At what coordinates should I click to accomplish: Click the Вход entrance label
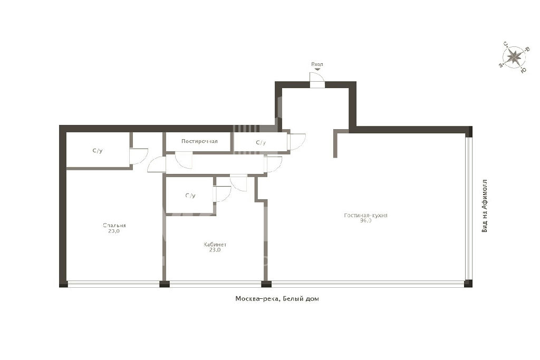[x=317, y=64]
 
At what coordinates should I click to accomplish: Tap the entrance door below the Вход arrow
[x=317, y=80]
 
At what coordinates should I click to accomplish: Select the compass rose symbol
[x=514, y=57]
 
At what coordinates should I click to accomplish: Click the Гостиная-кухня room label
[x=365, y=216]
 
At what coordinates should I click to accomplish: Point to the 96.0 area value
[x=366, y=221]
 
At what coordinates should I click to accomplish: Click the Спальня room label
[x=114, y=226]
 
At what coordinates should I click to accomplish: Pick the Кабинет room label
[x=215, y=245]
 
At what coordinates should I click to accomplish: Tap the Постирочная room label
[x=199, y=141]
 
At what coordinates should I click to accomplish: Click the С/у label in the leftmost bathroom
[x=98, y=150]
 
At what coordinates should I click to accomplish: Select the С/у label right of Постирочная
[x=261, y=142]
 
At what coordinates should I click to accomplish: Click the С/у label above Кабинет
[x=190, y=196]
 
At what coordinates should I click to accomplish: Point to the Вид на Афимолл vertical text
[x=485, y=206]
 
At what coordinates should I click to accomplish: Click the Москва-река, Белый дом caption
[x=277, y=299]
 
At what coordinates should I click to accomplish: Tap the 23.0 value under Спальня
[x=114, y=231]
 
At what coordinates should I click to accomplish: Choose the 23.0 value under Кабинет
[x=215, y=250]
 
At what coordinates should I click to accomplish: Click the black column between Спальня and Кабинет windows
[x=165, y=284]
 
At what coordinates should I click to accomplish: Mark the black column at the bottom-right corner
[x=468, y=284]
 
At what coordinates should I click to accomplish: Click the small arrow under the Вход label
[x=317, y=69]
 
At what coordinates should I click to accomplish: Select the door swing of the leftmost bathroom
[x=139, y=157]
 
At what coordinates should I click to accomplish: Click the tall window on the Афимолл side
[x=468, y=209]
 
